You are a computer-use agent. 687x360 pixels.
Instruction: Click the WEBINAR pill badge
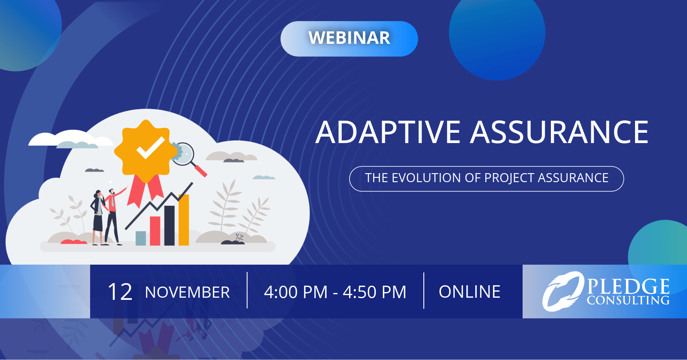click(x=349, y=39)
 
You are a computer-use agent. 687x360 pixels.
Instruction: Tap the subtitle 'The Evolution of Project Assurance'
click(x=486, y=178)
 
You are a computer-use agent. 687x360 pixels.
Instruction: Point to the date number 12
click(x=120, y=292)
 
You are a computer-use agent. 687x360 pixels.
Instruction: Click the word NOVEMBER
click(x=187, y=292)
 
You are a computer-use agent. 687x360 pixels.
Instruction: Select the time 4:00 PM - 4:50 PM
click(x=335, y=292)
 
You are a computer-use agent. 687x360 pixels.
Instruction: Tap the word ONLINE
click(x=470, y=292)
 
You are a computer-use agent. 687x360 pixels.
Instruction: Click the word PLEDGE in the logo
click(x=628, y=286)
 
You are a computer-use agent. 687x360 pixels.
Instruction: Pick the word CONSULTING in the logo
click(x=628, y=300)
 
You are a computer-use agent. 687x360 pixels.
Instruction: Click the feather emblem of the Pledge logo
click(x=562, y=291)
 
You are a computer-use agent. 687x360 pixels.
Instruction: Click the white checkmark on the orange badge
click(x=151, y=148)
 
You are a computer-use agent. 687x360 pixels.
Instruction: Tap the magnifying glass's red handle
click(x=201, y=171)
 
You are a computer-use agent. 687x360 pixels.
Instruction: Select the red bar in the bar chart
click(x=155, y=231)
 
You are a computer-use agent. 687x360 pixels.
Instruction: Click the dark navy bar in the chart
click(x=169, y=226)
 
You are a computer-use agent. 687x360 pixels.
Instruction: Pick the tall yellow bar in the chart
click(x=184, y=220)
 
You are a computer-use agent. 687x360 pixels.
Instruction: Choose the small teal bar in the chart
click(x=141, y=238)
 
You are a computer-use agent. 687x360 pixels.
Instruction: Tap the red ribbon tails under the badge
click(x=145, y=190)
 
